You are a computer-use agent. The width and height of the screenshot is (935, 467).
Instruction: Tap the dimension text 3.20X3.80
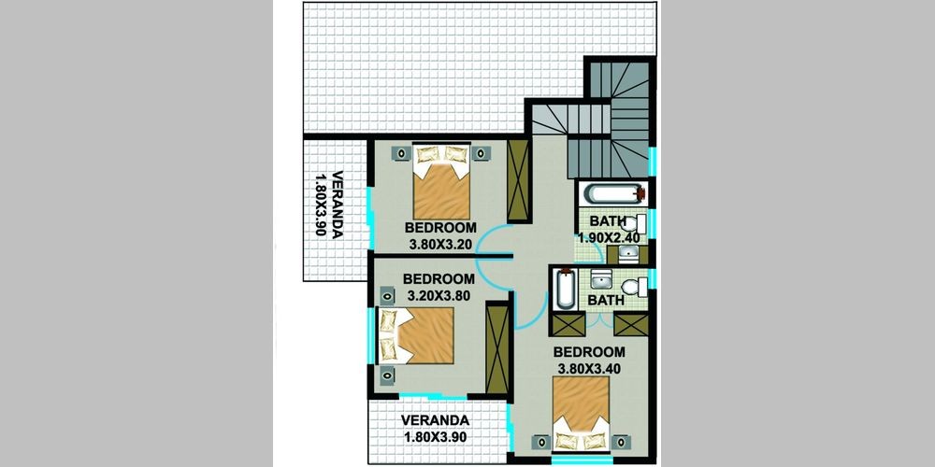coord(439,294)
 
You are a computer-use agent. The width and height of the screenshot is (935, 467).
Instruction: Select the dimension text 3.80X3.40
coord(589,369)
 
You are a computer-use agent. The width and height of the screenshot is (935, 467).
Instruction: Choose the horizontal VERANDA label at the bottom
coord(435,420)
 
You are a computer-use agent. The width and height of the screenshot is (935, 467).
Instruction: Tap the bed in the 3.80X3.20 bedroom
coord(442,182)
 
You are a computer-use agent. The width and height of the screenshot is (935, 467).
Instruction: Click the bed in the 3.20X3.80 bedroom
coord(417,335)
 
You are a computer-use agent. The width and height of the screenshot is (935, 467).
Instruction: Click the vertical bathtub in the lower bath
coord(564,290)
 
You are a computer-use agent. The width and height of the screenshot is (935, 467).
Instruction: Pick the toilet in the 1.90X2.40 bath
coord(633,224)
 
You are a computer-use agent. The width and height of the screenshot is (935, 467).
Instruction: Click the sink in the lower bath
coord(600,278)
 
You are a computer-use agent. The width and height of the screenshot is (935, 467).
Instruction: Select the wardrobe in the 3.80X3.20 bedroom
coord(518,180)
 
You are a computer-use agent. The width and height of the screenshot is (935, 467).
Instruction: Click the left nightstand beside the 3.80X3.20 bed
coord(402,154)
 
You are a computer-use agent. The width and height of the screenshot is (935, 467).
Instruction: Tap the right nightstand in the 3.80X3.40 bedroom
coord(621,442)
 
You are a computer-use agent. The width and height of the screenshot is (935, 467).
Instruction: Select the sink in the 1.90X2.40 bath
coord(627,254)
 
